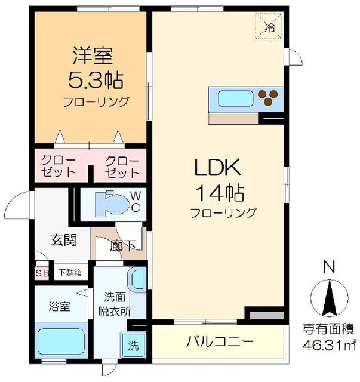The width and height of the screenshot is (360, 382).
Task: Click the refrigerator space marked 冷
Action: pyautogui.click(x=269, y=26)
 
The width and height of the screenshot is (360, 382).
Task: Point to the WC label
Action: pyautogui.click(x=136, y=202)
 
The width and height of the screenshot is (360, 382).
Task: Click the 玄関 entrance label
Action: pyautogui.click(x=63, y=241)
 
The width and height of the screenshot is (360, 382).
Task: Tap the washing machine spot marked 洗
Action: pyautogui.click(x=133, y=345)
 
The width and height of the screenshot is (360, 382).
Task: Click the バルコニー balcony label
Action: pyautogui.click(x=220, y=343)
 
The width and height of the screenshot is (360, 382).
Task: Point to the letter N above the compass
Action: pyautogui.click(x=327, y=267)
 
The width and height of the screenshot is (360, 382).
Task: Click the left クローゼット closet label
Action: pyautogui.click(x=59, y=167)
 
